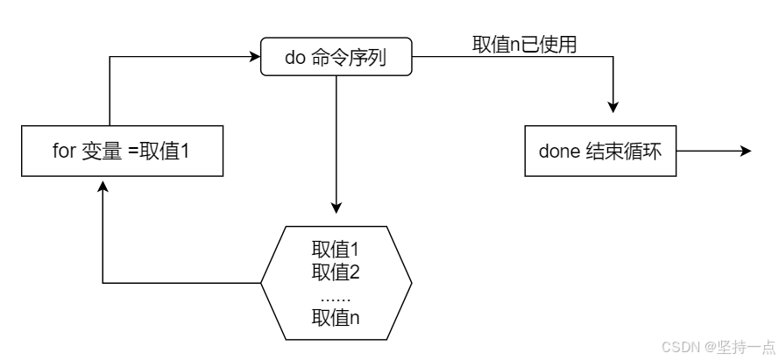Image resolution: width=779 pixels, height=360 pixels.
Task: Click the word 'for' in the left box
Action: click(x=63, y=152)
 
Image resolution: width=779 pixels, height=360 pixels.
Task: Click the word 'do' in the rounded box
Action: click(x=295, y=58)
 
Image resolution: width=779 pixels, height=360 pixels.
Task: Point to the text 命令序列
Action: click(x=349, y=58)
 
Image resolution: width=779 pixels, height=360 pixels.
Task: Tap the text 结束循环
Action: click(x=624, y=152)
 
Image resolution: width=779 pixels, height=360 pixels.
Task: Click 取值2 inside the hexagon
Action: click(x=336, y=272)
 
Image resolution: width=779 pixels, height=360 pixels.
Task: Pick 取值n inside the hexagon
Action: click(x=336, y=318)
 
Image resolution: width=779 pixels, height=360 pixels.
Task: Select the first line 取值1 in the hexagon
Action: click(x=336, y=250)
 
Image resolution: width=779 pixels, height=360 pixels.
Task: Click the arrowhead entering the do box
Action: click(x=255, y=56)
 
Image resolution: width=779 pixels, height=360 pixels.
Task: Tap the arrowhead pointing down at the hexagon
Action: click(x=336, y=208)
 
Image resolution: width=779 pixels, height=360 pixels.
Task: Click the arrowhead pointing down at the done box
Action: click(x=613, y=107)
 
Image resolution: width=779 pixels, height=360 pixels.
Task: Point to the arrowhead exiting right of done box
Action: click(x=746, y=151)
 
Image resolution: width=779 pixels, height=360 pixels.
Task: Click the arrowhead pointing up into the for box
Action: click(x=103, y=187)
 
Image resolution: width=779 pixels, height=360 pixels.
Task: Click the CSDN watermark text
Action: click(x=681, y=346)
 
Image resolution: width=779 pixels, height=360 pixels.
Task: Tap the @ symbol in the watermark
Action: click(x=708, y=347)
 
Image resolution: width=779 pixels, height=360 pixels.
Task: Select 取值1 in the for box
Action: click(x=165, y=152)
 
